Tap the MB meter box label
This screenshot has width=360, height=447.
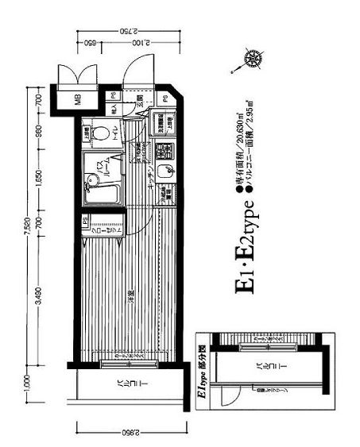(x=79, y=99)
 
